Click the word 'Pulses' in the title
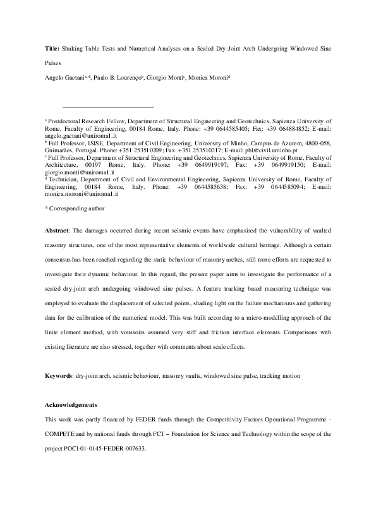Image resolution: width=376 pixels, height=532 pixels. pyautogui.click(x=54, y=63)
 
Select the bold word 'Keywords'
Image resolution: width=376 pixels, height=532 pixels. pyautogui.click(x=59, y=376)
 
